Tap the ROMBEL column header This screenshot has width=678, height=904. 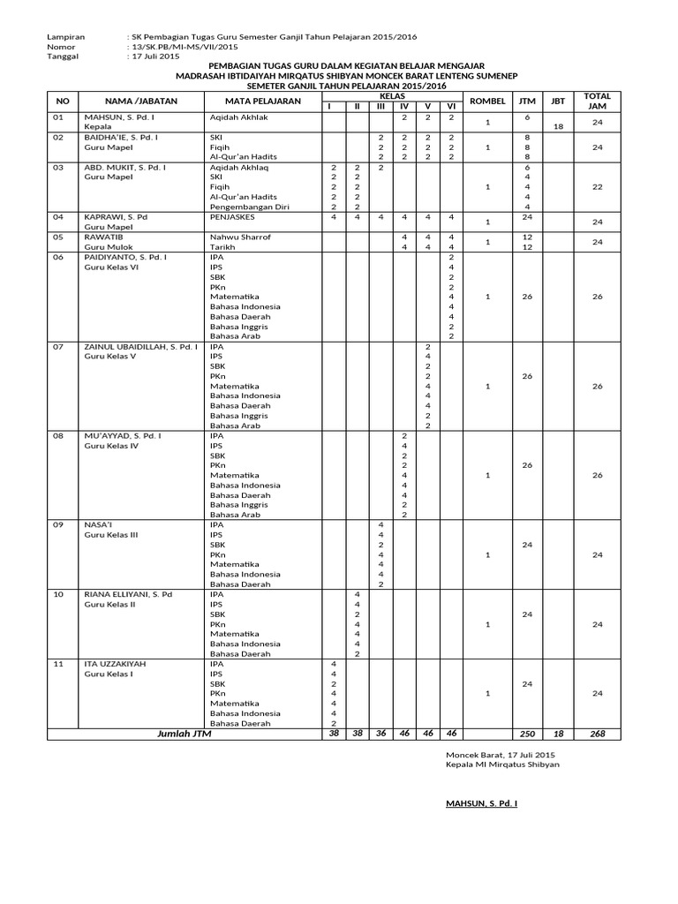(x=487, y=102)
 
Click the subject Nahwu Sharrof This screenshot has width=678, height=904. (x=240, y=237)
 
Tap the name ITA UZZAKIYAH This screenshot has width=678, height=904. (x=114, y=663)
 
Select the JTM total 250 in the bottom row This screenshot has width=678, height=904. (x=526, y=734)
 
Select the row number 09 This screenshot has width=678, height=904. (x=59, y=524)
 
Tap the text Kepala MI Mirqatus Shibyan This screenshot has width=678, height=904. (x=502, y=765)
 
